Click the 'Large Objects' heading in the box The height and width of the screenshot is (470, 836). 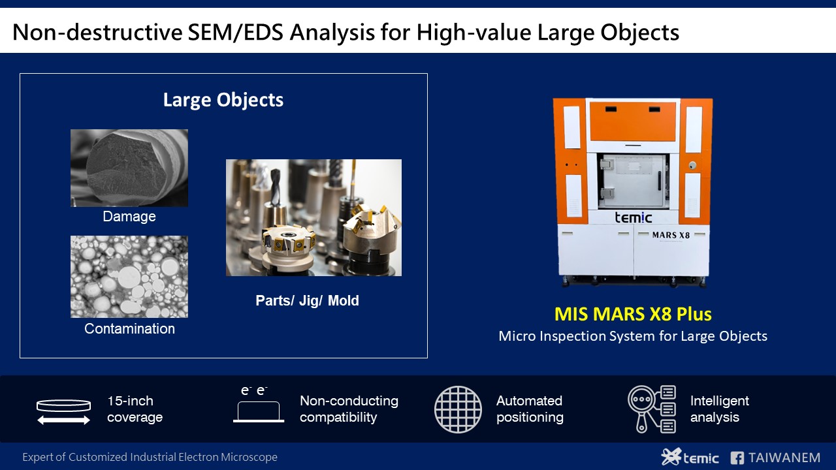[223, 100]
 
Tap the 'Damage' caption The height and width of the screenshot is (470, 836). [129, 216]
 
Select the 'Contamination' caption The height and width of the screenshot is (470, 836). [129, 328]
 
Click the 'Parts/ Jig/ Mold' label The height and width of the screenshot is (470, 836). [307, 301]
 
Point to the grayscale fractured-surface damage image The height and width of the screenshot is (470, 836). [129, 168]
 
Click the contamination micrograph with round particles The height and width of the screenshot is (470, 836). [129, 277]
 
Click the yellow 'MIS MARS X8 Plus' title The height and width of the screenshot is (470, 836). [633, 314]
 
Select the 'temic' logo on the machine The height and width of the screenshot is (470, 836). [633, 217]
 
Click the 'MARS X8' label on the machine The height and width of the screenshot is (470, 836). [671, 235]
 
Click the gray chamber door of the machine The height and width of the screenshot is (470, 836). [632, 181]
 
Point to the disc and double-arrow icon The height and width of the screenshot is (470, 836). [64, 412]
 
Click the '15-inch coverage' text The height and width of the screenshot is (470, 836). [135, 409]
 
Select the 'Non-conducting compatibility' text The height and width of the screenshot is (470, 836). [349, 409]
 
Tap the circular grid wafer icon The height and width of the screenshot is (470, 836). [458, 409]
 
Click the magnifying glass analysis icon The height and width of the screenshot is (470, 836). [652, 409]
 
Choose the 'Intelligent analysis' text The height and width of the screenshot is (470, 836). [719, 409]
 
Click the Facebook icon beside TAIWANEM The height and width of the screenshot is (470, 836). [737, 458]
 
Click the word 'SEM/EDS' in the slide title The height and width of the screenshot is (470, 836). [236, 32]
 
